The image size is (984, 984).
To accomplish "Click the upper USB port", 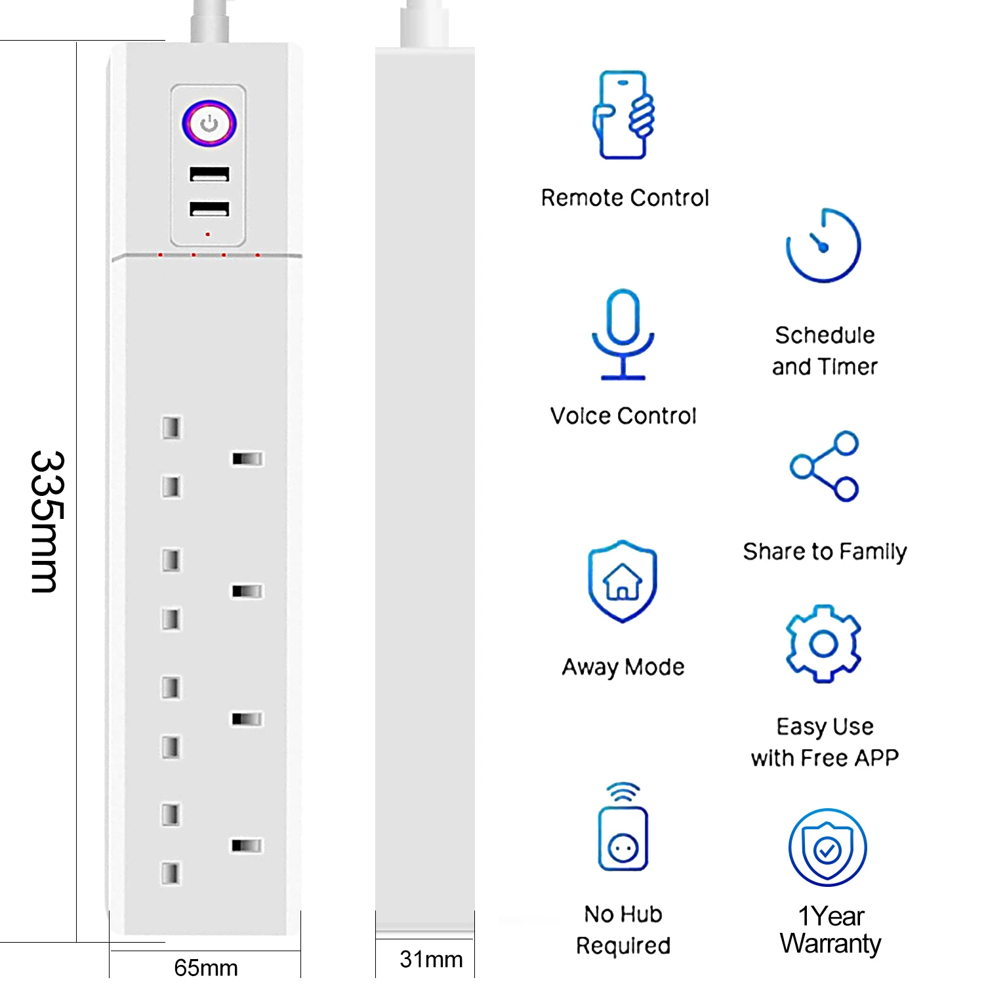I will [209, 174].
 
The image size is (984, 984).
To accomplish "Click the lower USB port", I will [209, 209].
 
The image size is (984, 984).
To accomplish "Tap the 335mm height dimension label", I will [48, 522].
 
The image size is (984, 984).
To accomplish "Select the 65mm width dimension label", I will [205, 967].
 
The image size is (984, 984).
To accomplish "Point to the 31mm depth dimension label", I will [431, 959].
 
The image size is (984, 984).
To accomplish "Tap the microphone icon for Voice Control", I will [623, 335].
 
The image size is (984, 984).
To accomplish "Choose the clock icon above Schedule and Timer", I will [823, 246].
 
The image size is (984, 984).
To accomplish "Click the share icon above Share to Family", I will [825, 466].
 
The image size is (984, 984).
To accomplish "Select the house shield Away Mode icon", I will [623, 581].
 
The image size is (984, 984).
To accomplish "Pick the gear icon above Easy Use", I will [823, 644].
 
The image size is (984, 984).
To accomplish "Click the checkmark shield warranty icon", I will [827, 848].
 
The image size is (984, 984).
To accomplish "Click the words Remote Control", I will [625, 197].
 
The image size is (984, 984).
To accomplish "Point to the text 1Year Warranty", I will [830, 930].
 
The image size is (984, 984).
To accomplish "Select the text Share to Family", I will [825, 552].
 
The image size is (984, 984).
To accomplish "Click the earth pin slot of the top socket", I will [247, 459].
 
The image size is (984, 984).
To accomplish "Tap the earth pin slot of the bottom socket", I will [247, 846].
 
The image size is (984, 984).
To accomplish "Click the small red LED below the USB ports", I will [208, 234].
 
